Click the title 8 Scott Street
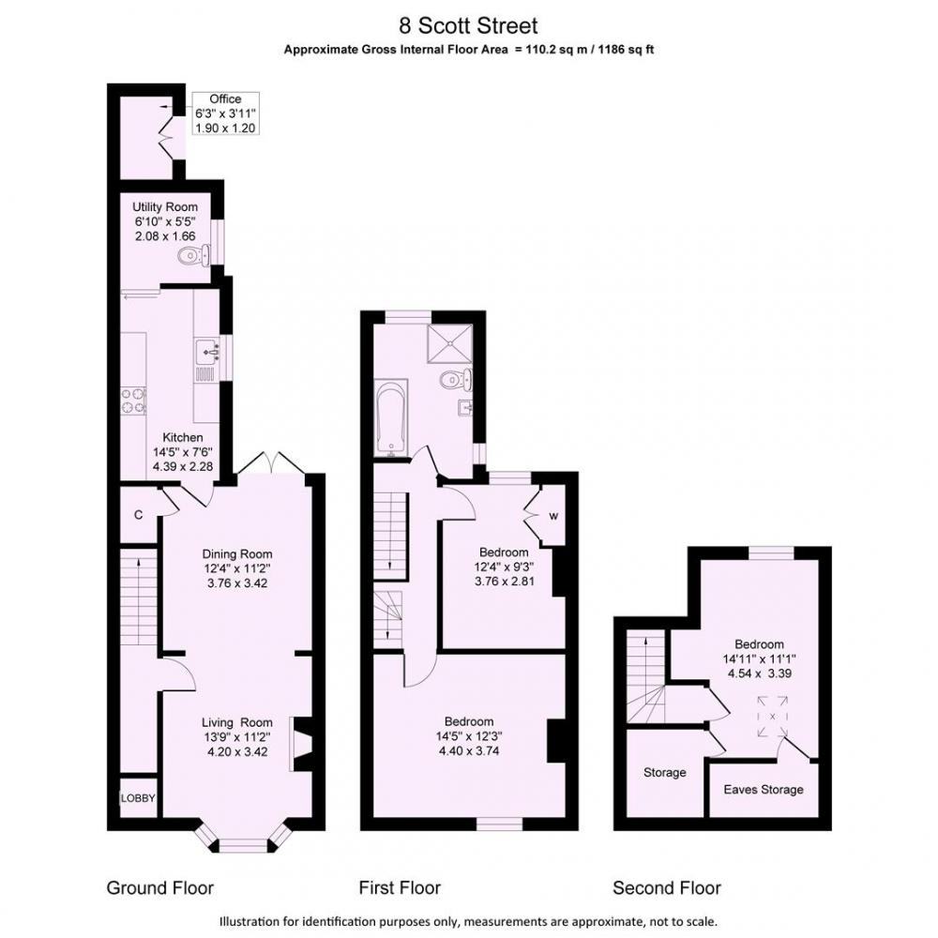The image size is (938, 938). point(468,25)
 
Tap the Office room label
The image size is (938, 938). point(225,99)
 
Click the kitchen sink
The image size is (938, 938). point(207,351)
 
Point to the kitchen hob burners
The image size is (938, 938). point(133,401)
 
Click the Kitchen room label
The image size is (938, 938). point(183,438)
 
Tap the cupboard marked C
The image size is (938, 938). point(138,514)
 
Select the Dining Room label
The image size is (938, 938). point(237,554)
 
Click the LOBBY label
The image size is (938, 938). point(138,798)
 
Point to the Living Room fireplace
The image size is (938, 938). point(301,744)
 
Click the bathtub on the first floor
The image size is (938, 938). point(390,417)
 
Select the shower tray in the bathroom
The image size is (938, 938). point(450,343)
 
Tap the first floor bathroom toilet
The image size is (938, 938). point(455,379)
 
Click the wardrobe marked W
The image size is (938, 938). point(553,516)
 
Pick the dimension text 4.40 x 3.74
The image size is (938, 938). point(469,750)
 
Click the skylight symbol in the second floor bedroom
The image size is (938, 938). point(772,716)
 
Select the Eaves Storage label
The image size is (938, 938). point(764,790)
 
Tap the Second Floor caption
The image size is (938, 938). point(667,887)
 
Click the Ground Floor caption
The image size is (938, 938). point(159,887)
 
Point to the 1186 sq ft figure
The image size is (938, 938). point(633,50)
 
